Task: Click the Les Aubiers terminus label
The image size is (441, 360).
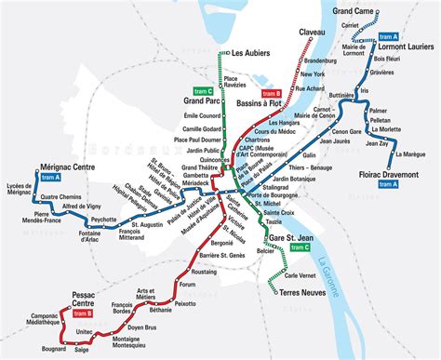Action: point(258,53)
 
